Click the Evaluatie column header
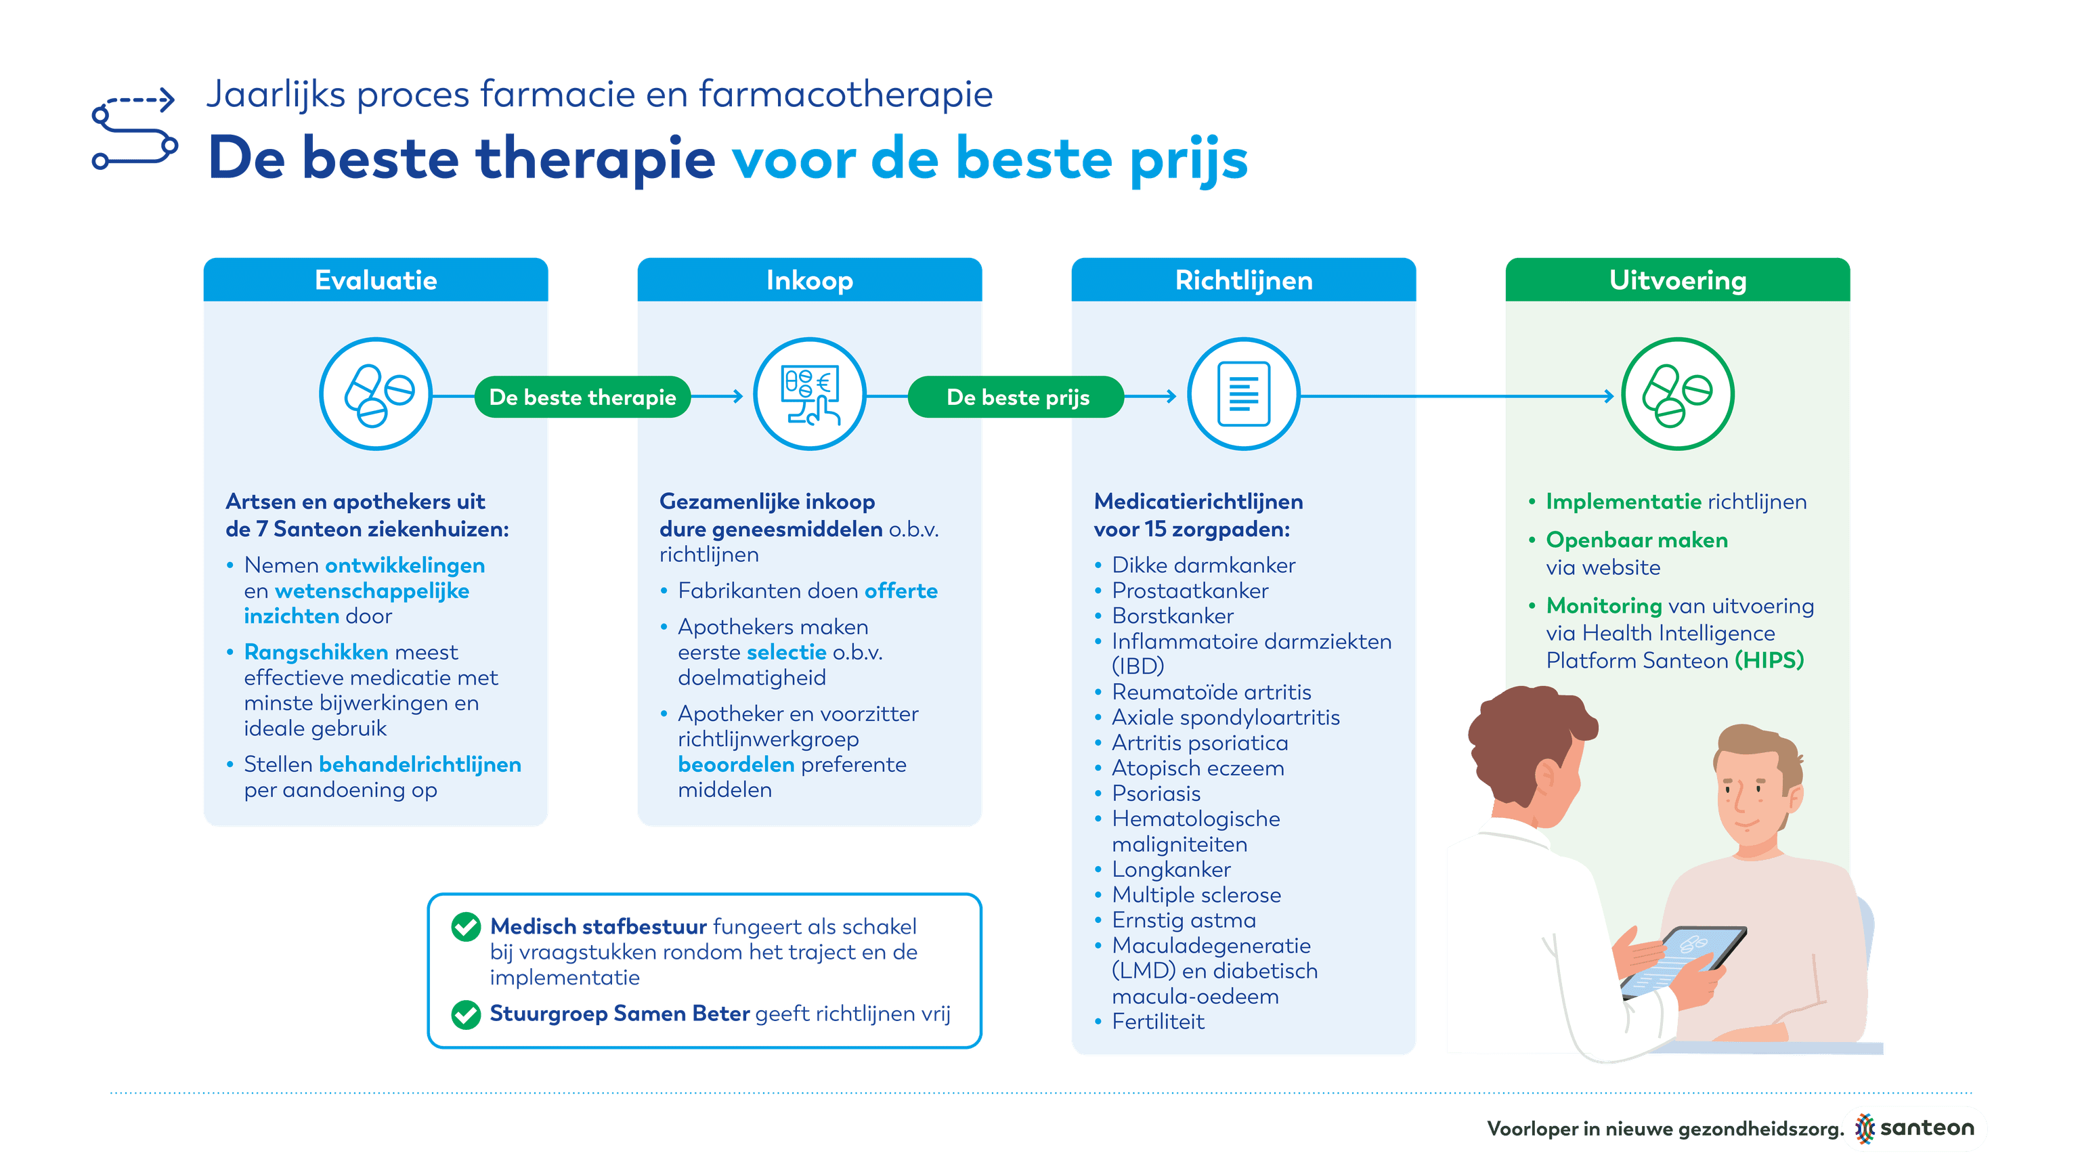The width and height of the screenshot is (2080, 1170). [376, 280]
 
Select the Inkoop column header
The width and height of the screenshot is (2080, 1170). [809, 280]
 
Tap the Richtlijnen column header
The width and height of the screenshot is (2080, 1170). [1244, 280]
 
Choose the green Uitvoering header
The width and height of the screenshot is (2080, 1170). [1678, 280]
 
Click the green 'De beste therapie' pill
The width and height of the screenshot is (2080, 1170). [582, 397]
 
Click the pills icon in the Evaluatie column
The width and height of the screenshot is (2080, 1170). [376, 394]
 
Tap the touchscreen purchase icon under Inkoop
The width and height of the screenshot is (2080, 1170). [810, 394]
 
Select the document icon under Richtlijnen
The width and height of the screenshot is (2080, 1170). [1244, 394]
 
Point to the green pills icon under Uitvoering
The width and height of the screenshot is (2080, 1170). [1678, 394]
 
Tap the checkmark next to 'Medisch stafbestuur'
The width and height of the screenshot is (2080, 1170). [466, 927]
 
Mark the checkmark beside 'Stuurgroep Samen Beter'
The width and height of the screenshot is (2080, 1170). [466, 1014]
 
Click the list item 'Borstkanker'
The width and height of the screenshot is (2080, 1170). [1173, 616]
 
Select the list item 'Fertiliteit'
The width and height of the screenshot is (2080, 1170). [1158, 1022]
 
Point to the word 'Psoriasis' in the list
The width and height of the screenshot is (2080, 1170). [1156, 794]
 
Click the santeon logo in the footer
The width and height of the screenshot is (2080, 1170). [1913, 1128]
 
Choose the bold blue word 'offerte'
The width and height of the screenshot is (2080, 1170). [901, 591]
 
